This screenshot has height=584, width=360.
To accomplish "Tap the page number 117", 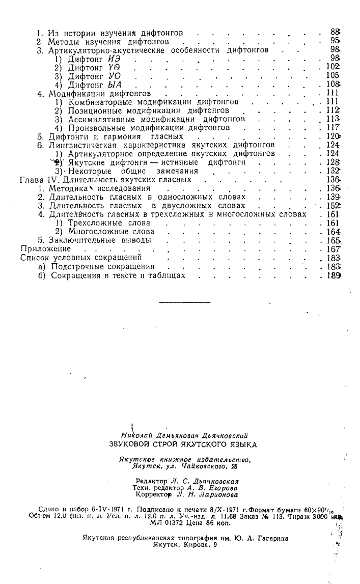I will tap(334, 128).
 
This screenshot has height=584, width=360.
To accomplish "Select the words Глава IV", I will tap(40, 179).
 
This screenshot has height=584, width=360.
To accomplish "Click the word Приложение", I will tap(45, 249).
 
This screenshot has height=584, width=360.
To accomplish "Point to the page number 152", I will tap(334, 206).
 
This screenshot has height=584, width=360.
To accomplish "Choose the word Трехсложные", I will tap(95, 223).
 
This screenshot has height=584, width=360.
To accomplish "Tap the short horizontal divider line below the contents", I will tap(184, 302).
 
